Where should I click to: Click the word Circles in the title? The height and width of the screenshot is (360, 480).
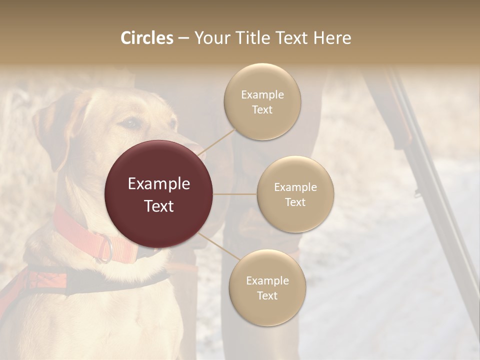[x=146, y=38]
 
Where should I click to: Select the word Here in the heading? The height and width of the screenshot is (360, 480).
[x=332, y=38]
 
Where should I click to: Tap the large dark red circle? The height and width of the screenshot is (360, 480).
[x=159, y=194]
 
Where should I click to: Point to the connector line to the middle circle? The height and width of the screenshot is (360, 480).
[x=235, y=194]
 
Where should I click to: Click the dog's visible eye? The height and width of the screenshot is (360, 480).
[x=130, y=122]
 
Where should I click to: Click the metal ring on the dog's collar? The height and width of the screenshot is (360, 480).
[x=105, y=248]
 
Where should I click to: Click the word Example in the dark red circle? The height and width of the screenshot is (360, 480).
[x=159, y=184]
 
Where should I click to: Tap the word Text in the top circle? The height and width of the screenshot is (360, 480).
[x=262, y=110]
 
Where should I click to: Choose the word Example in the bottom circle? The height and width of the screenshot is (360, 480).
[x=267, y=281]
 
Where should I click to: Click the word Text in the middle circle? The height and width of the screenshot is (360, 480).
[x=295, y=202]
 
